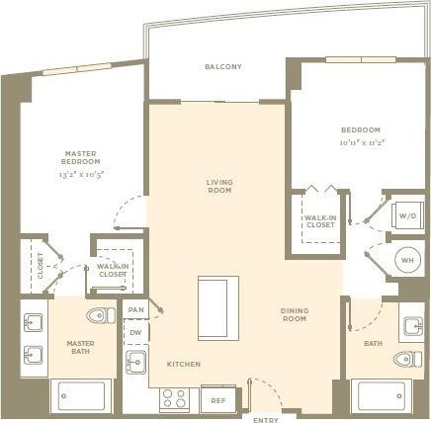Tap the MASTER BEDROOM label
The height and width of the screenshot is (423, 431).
point(79,157)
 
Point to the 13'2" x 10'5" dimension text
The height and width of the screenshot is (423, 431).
point(79,174)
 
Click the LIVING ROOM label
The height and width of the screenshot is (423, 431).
point(218,186)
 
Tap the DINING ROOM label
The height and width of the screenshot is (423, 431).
point(295,314)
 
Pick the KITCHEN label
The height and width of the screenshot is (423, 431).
point(183,365)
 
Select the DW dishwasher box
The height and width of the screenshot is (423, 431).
point(136,333)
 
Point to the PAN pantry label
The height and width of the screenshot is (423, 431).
point(135,311)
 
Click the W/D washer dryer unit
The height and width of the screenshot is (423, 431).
point(408,214)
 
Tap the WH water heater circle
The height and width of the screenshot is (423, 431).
point(406,260)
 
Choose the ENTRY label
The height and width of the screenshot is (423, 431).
point(266,419)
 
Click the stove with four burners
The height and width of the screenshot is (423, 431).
point(176,398)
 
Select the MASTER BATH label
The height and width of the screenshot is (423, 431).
point(80,347)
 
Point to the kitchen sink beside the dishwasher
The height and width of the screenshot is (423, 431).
point(136,363)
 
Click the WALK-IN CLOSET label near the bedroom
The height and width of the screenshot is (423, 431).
point(318,219)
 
